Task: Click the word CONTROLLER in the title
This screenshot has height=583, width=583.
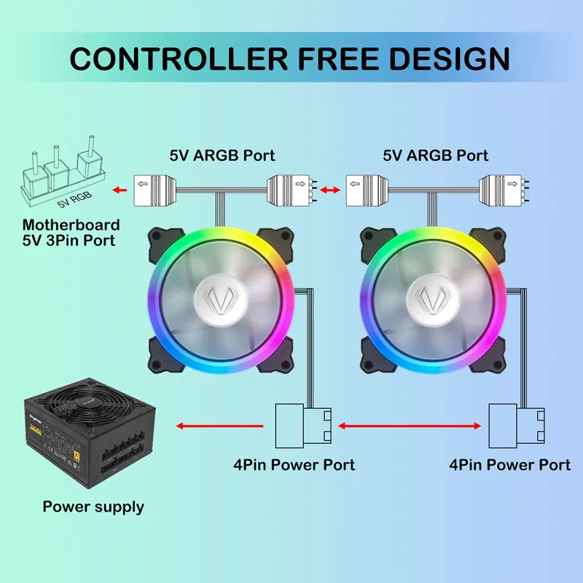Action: pyautogui.click(x=176, y=58)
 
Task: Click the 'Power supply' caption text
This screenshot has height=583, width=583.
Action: pyautogui.click(x=93, y=506)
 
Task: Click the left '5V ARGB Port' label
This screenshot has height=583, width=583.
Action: pyautogui.click(x=222, y=155)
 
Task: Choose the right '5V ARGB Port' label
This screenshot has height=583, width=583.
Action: pyautogui.click(x=436, y=155)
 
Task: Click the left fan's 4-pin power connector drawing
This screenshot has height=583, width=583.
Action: pyautogui.click(x=302, y=426)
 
